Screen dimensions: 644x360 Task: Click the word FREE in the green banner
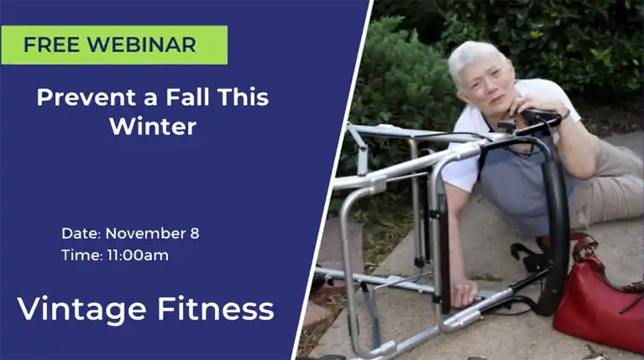tap(51, 44)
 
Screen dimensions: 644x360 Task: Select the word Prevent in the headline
tap(86, 97)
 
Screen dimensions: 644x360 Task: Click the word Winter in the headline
tap(153, 126)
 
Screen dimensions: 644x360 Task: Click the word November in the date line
tap(145, 233)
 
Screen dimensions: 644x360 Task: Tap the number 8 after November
tap(195, 233)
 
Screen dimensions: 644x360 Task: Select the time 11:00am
tap(138, 255)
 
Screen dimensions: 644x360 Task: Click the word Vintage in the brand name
tap(81, 310)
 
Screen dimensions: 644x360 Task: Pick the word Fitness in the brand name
tap(216, 309)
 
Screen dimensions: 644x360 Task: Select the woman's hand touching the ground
tap(463, 292)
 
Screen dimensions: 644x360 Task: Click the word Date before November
tap(81, 233)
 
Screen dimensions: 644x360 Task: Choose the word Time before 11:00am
tap(82, 255)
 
